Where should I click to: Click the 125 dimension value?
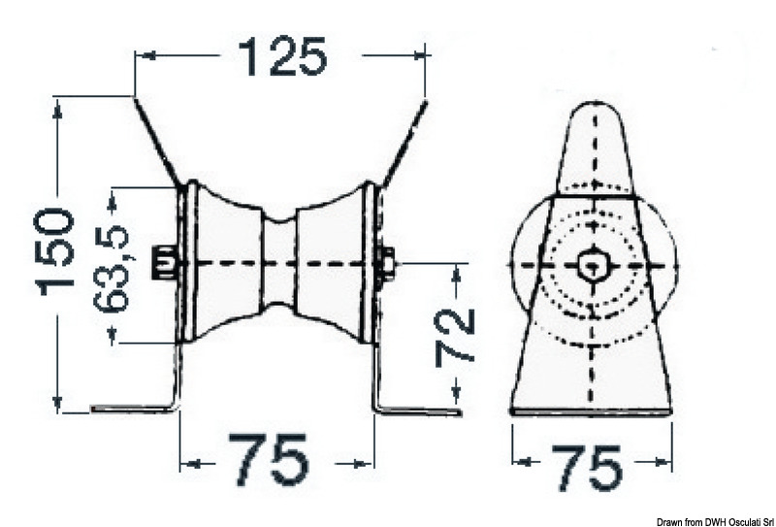pyautogui.click(x=282, y=56)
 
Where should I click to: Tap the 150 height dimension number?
pyautogui.click(x=56, y=252)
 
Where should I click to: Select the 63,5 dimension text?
pyautogui.click(x=112, y=268)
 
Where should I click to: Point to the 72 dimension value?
pyautogui.click(x=455, y=337)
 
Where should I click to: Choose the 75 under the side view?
pyautogui.click(x=587, y=466)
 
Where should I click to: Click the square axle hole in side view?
pyautogui.click(x=591, y=266)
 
